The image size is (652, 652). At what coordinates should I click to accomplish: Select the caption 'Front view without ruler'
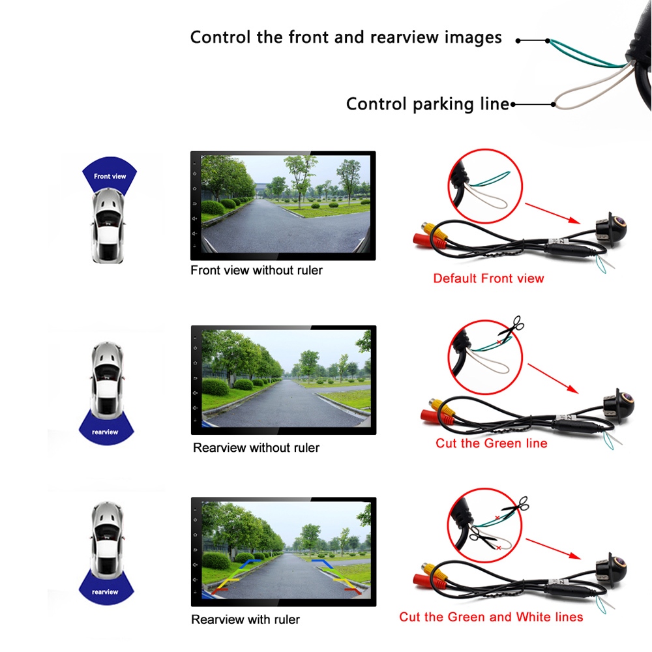point(256,271)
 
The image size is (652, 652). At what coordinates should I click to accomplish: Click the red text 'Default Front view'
point(488,278)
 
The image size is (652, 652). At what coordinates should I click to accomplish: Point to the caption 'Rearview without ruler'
point(256,448)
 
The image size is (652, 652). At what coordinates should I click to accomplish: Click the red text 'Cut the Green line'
point(491,443)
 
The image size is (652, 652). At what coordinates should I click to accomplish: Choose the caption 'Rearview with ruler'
point(245,619)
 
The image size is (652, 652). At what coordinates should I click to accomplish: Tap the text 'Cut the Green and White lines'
point(491,617)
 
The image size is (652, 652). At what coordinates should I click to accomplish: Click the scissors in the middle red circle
point(511,329)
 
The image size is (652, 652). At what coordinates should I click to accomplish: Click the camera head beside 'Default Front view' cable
point(612,228)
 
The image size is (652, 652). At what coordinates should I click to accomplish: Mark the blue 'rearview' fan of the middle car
point(106,428)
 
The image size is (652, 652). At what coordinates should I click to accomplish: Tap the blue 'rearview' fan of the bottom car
point(106,587)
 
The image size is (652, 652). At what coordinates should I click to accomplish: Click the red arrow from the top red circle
point(553,213)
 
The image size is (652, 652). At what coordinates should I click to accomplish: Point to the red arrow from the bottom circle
point(554,549)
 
